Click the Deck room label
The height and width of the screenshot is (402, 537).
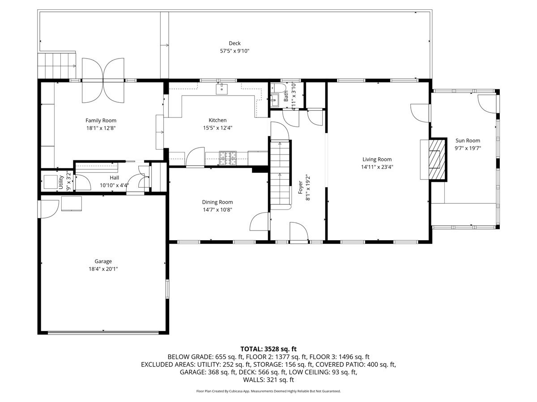pyautogui.click(x=234, y=43)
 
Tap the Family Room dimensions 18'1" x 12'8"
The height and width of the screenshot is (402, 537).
pyautogui.click(x=101, y=128)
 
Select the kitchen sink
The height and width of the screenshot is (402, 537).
pyautogui.click(x=222, y=89)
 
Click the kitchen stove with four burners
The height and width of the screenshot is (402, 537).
pyautogui.click(x=228, y=158)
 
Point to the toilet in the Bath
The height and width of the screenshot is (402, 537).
pyautogui.click(x=278, y=88)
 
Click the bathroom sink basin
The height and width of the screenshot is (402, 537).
pyautogui.click(x=274, y=100)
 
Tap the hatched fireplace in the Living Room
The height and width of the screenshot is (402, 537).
pyautogui.click(x=437, y=159)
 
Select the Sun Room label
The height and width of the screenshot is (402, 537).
pyautogui.click(x=468, y=141)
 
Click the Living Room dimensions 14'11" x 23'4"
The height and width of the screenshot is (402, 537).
pyautogui.click(x=377, y=167)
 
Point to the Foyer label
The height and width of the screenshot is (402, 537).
pyautogui.click(x=300, y=188)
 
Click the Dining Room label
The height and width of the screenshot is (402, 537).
pyautogui.click(x=217, y=202)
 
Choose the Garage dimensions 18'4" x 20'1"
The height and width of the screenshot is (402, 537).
pyautogui.click(x=103, y=269)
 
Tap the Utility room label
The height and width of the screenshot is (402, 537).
pyautogui.click(x=61, y=182)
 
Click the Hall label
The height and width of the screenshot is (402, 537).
pyautogui.click(x=114, y=178)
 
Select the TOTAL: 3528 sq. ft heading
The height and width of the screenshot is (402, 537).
pyautogui.click(x=268, y=349)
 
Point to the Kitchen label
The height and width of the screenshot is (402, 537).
pyautogui.click(x=217, y=120)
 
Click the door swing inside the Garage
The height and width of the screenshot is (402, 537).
pyautogui.click(x=49, y=209)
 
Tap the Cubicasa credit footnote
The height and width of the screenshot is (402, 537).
pyautogui.click(x=268, y=391)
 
